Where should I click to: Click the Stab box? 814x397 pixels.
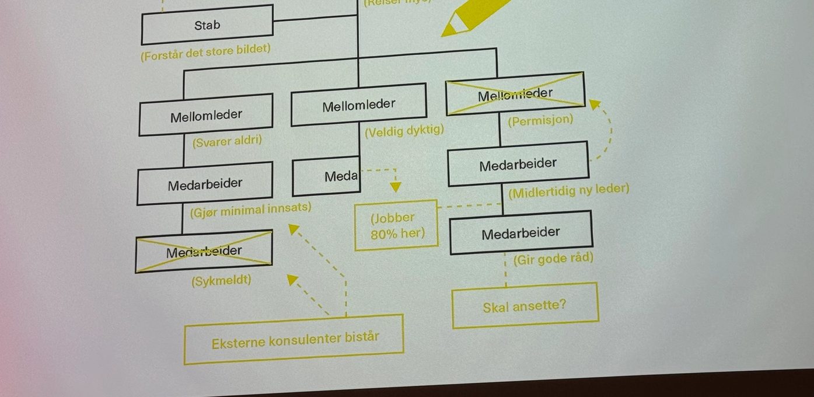(207, 25)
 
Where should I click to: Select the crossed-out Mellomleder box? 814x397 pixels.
(515, 94)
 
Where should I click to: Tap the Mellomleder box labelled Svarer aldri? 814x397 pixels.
(205, 115)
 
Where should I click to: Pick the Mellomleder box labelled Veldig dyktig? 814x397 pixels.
(358, 105)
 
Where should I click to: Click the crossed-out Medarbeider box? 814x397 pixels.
(204, 252)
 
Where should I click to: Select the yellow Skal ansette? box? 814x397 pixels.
(525, 305)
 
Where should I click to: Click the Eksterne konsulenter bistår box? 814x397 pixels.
(294, 339)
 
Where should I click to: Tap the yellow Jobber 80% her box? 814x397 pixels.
(396, 225)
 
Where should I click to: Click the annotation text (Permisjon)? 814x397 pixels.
(540, 121)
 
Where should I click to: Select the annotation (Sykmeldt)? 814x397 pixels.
(221, 280)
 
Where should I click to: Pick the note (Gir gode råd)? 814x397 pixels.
(553, 258)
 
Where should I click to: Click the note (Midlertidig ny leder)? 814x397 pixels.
(568, 190)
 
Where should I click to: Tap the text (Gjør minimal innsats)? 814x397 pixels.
(250, 209)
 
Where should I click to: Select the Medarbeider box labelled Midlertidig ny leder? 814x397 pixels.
(518, 165)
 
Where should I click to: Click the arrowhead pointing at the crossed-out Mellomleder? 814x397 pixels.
(595, 105)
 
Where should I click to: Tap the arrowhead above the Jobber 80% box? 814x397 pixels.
(396, 187)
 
